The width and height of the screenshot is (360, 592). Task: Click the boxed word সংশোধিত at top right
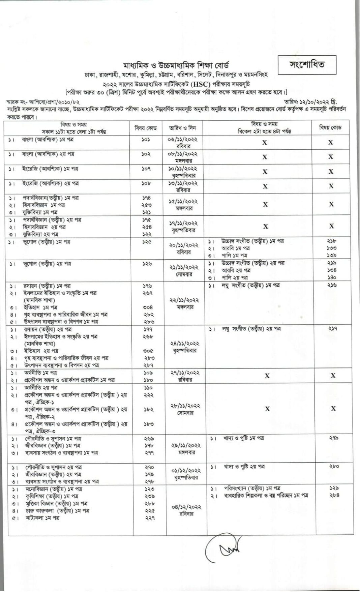[x=307, y=65]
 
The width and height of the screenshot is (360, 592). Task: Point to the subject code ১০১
[x=146, y=139]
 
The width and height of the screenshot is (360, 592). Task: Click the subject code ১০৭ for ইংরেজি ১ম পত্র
[x=146, y=169]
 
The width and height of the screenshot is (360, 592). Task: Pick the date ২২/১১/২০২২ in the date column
[x=183, y=300]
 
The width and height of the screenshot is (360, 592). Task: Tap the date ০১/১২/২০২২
[x=183, y=471]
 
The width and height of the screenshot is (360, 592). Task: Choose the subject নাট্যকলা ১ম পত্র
[x=42, y=518]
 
